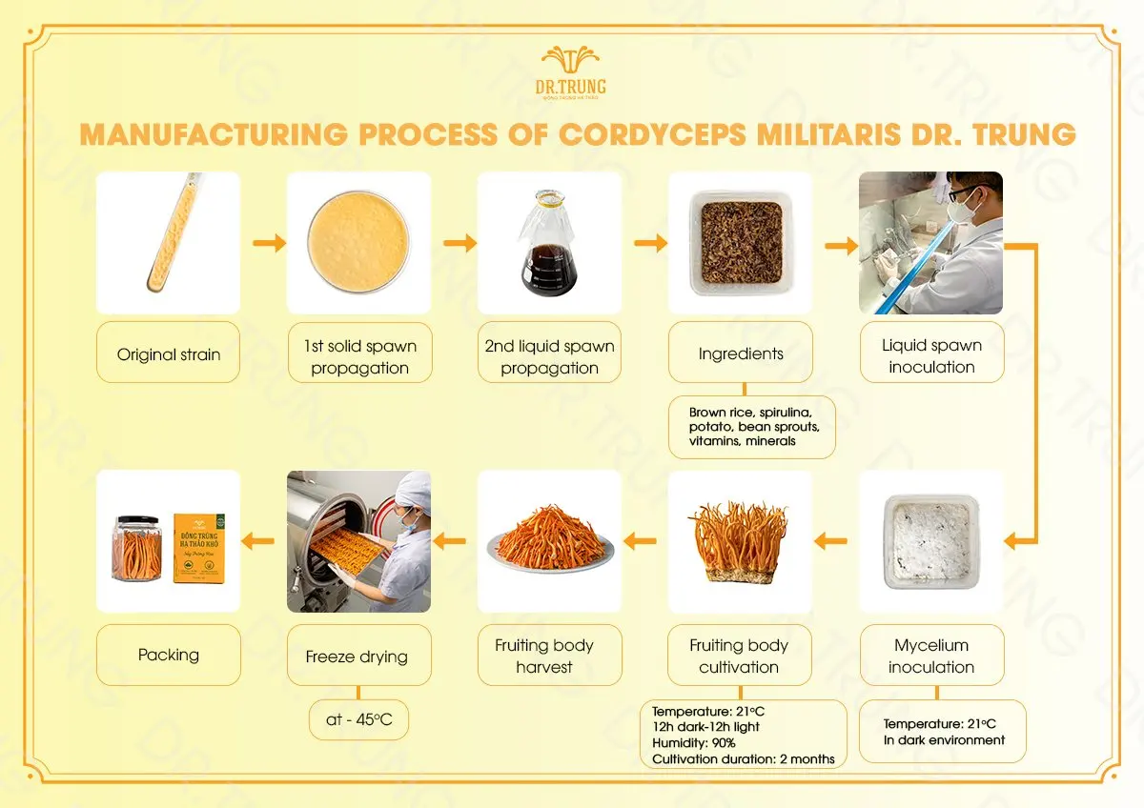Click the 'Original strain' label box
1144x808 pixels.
click(x=168, y=354)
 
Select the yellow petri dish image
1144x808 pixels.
click(x=358, y=242)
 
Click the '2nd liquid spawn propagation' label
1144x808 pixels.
click(x=549, y=356)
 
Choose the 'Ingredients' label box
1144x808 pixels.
click(x=740, y=353)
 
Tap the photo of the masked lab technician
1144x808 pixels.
click(x=930, y=242)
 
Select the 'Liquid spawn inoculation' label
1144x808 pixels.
click(x=930, y=355)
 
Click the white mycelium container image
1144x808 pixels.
click(x=930, y=541)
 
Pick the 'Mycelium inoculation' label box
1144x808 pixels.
click(x=930, y=656)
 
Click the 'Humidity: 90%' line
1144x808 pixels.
click(x=693, y=743)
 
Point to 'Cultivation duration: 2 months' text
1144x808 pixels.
click(x=743, y=759)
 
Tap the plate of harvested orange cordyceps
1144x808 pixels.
click(x=549, y=541)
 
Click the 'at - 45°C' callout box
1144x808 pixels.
click(x=358, y=719)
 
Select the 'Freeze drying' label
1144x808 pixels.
click(x=357, y=656)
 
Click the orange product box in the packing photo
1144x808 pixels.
click(x=199, y=548)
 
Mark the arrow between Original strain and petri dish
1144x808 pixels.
click(x=270, y=244)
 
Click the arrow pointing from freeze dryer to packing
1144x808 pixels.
click(x=257, y=541)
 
